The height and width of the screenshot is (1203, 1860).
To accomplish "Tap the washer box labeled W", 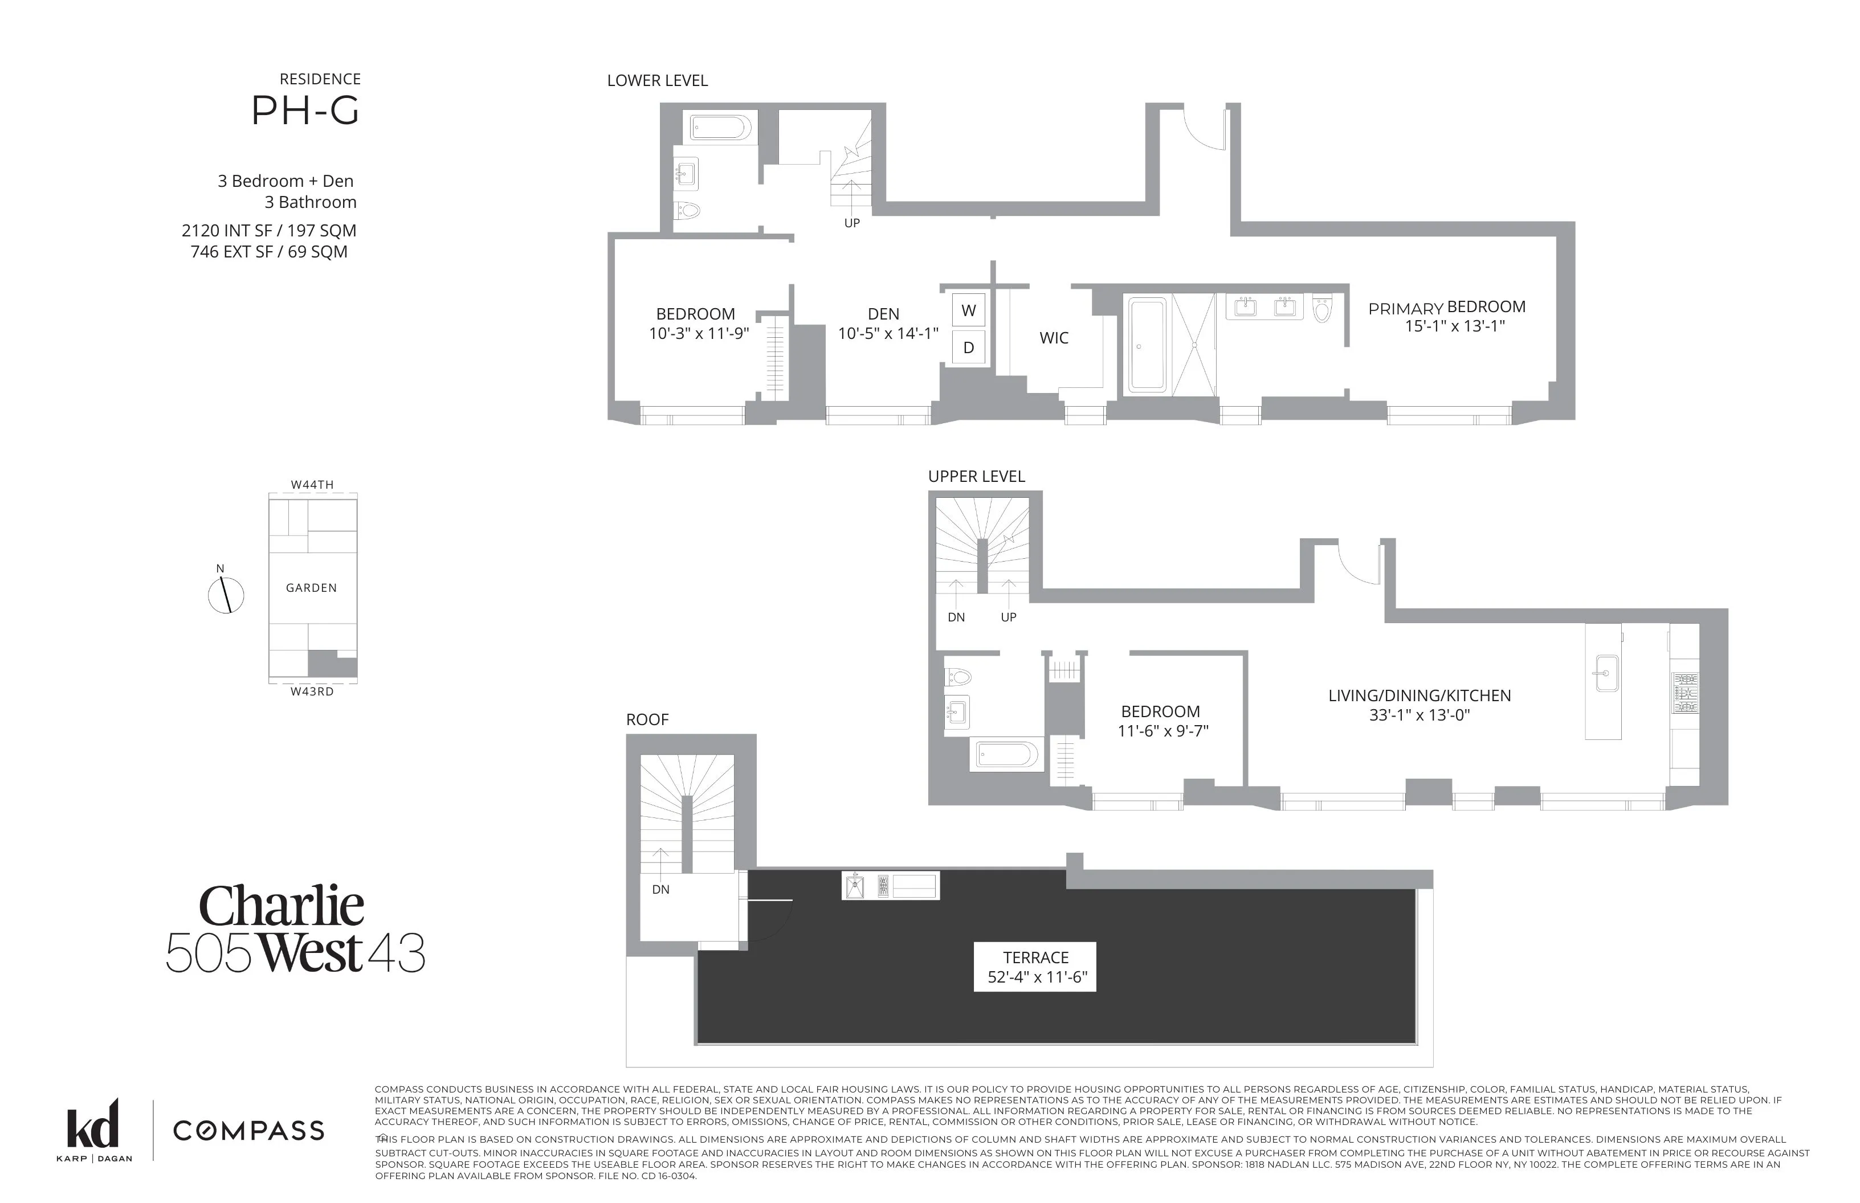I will tap(968, 310).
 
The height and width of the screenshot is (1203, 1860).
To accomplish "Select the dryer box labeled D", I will tap(968, 347).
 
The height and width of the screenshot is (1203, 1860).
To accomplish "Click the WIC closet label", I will tap(1054, 338).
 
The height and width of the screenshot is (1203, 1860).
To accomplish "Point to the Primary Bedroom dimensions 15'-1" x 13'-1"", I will tap(1454, 326).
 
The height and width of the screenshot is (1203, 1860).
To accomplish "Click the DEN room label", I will tap(883, 314).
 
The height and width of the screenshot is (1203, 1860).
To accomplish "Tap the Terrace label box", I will tap(1035, 967).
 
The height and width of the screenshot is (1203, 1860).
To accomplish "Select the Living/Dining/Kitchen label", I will tap(1420, 695).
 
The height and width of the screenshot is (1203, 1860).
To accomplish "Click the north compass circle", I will tap(226, 596).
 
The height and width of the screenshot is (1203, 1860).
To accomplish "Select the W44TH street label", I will tap(312, 484).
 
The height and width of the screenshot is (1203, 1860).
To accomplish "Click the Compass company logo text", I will tap(248, 1130).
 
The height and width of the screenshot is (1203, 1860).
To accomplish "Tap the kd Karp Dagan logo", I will tap(94, 1130).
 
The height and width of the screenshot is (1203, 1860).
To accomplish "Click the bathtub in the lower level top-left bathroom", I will tap(720, 126).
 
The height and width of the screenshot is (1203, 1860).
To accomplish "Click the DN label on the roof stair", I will tap(660, 890).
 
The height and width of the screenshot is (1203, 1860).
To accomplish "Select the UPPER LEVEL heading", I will tap(976, 477).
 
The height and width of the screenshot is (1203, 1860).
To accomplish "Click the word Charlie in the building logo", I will tap(282, 906).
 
